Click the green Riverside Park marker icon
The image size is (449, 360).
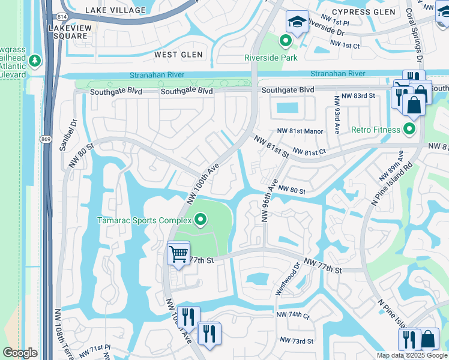click(x=286, y=41)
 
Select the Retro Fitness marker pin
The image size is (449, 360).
click(x=410, y=129)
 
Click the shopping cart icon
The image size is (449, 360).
click(x=178, y=254)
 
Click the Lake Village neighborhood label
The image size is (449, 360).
click(x=115, y=10)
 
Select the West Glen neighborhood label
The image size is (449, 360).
click(x=174, y=55)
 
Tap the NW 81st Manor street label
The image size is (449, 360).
click(x=300, y=131)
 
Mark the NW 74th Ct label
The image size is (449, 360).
click(x=293, y=314)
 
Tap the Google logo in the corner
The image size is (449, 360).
click(x=20, y=353)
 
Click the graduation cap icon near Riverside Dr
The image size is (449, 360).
click(x=297, y=22)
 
